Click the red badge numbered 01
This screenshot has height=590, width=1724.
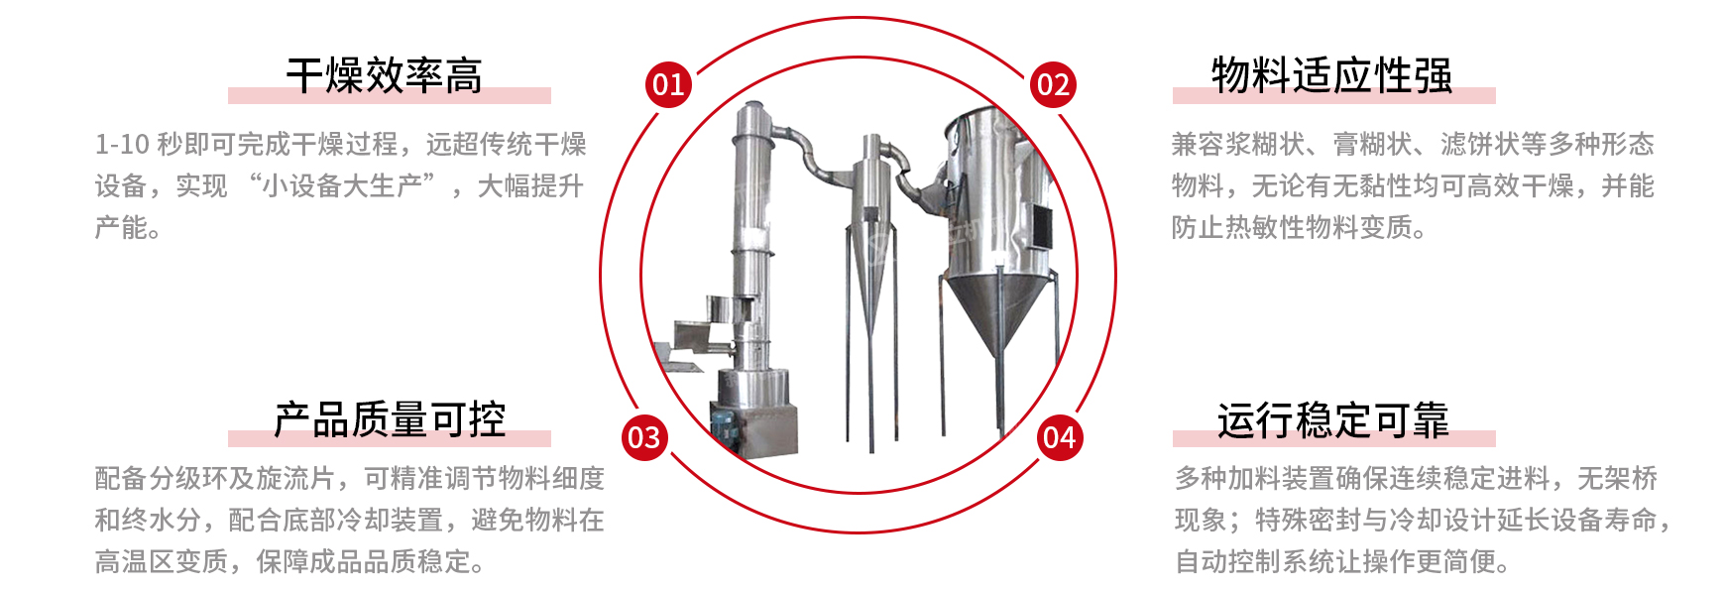668,84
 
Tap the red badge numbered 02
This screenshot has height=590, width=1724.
1053,85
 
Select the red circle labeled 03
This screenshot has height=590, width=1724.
644,437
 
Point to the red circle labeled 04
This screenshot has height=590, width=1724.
1060,437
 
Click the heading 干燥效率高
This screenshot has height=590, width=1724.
385,76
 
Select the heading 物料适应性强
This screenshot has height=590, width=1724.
1332,76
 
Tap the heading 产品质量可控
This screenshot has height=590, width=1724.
390,420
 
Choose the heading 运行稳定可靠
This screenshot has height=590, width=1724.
1333,420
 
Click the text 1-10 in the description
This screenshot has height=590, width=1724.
122,145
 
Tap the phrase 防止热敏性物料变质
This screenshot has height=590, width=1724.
1292,228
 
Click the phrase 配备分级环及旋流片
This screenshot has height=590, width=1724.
215,479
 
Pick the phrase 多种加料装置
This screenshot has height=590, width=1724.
1255,479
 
